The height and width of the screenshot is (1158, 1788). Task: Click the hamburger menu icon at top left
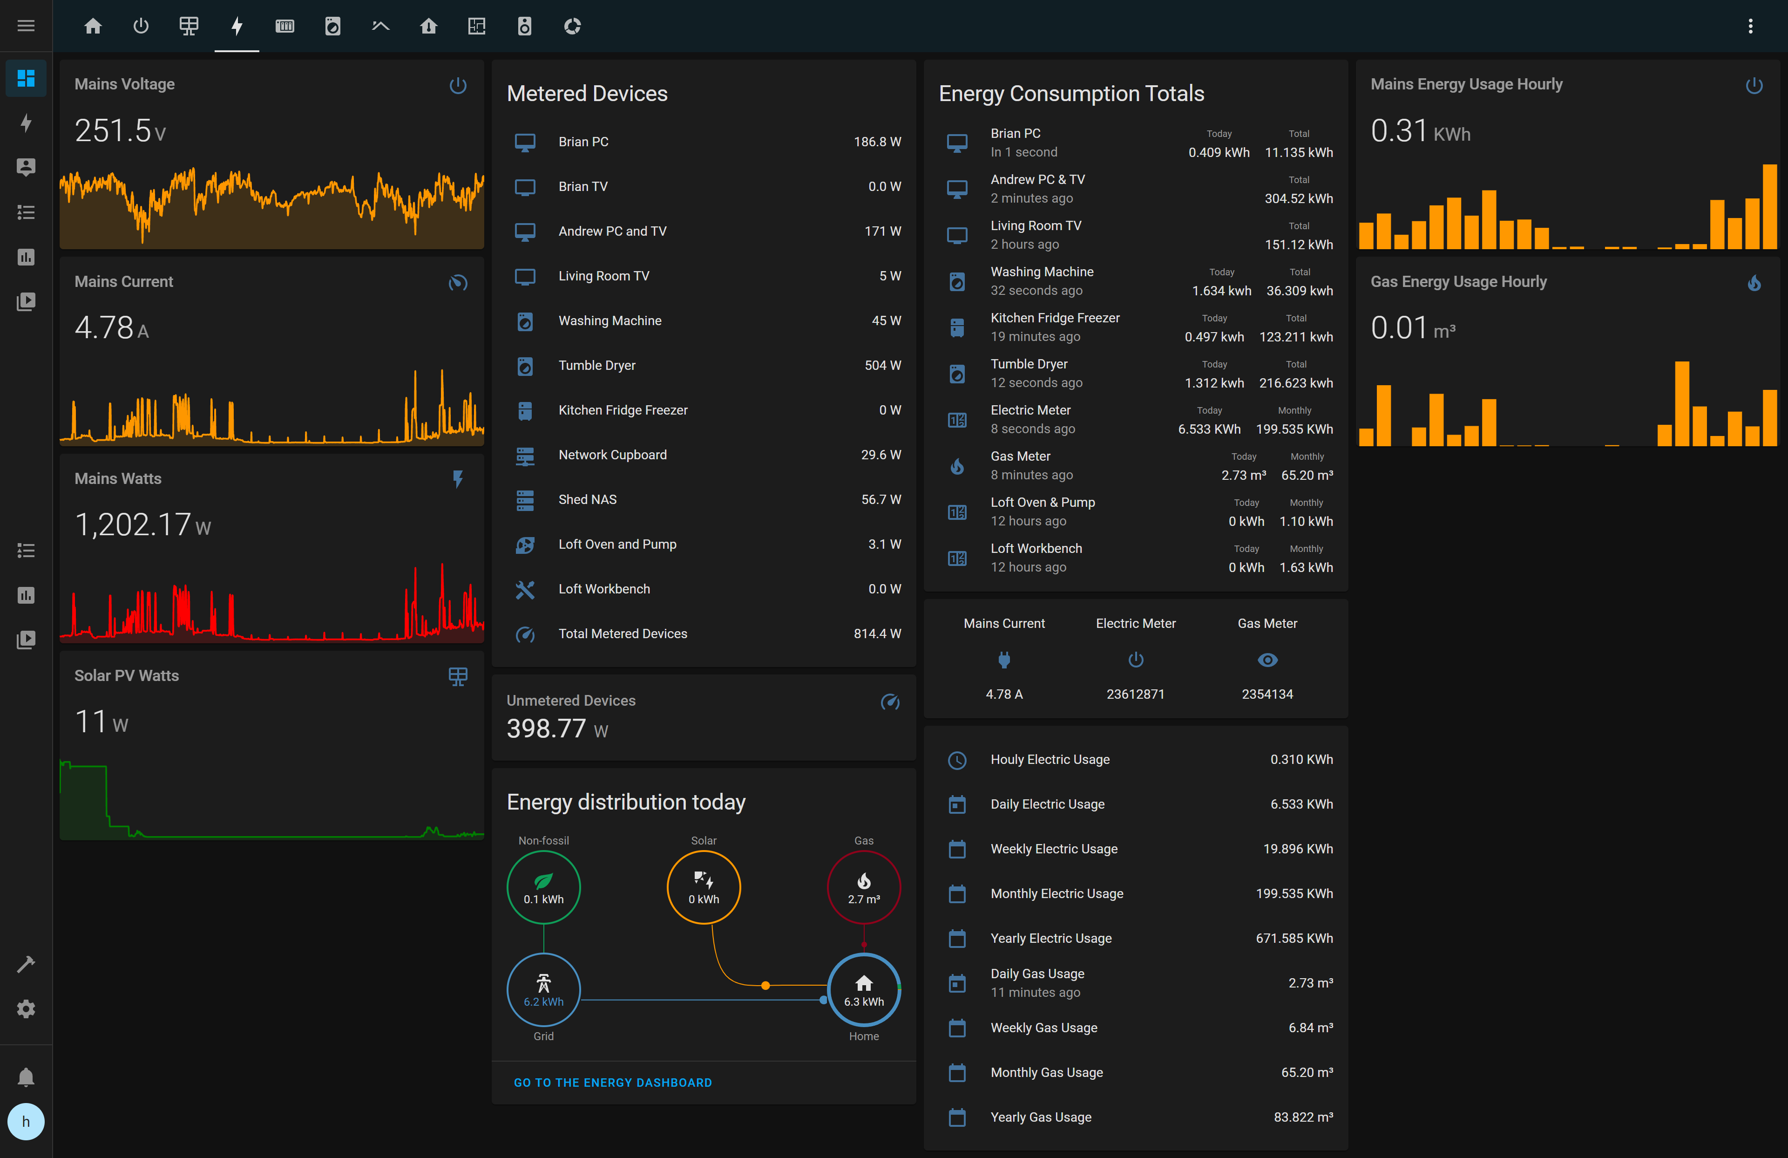pos(26,26)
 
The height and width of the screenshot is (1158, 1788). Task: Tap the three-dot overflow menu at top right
pos(1750,26)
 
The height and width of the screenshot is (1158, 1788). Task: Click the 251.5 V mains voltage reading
pos(120,131)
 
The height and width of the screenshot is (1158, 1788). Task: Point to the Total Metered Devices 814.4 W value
pos(877,633)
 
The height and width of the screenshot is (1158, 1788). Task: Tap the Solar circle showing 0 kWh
pos(703,887)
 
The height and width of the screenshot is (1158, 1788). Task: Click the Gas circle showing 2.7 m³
pos(863,887)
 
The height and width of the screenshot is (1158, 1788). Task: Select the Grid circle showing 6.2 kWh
pos(543,990)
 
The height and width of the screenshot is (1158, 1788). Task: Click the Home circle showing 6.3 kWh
pos(863,990)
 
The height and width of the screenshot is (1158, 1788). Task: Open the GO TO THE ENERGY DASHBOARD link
pos(612,1083)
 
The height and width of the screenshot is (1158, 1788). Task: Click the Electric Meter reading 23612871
pos(1135,695)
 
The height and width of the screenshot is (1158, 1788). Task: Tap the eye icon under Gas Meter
pos(1267,660)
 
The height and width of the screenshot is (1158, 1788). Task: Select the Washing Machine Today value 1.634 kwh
pos(1221,291)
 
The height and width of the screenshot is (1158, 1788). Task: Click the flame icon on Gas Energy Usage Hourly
pos(1754,283)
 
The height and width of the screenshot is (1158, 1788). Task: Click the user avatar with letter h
pos(26,1122)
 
